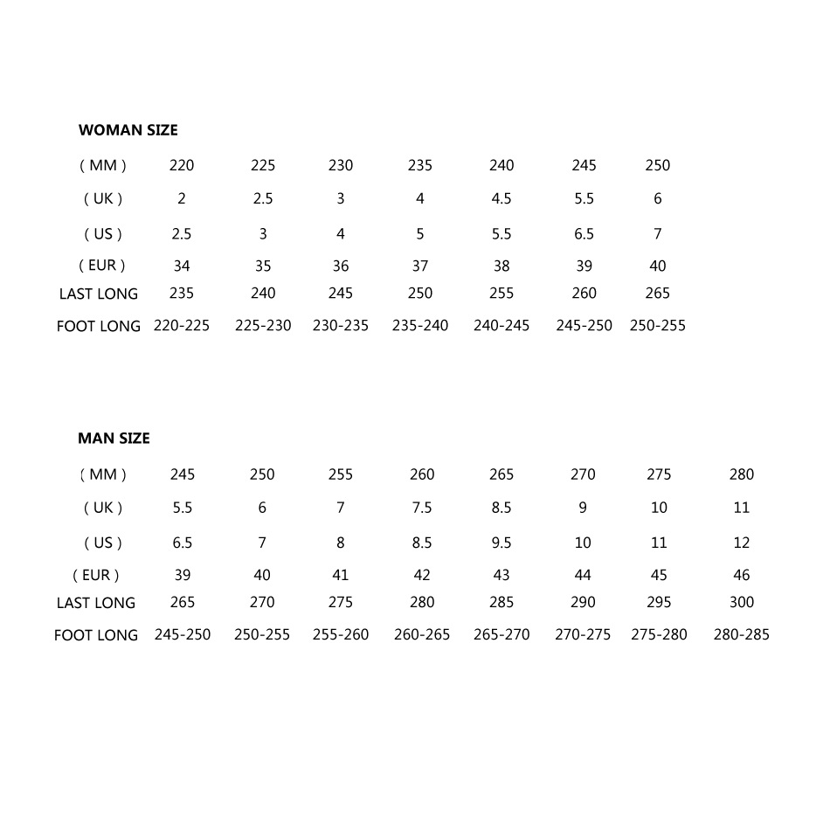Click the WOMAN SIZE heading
coord(128,130)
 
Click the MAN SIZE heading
coord(114,439)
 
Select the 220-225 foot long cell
coord(182,326)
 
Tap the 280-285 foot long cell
coord(741,634)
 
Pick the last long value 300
coord(741,602)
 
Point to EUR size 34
coord(182,266)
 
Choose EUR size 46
coord(741,575)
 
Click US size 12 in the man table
coord(741,543)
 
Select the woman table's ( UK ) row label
coord(103,198)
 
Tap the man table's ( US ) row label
coord(103,543)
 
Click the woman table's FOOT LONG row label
coord(99,326)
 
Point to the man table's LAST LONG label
coord(96,603)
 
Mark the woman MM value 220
coord(182,165)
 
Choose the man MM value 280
coord(741,474)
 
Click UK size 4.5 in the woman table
coord(501,198)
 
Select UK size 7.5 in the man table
coord(422,508)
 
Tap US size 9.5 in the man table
coord(501,543)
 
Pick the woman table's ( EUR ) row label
coord(103,266)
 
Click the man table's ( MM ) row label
coord(103,474)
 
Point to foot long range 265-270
coord(501,634)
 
